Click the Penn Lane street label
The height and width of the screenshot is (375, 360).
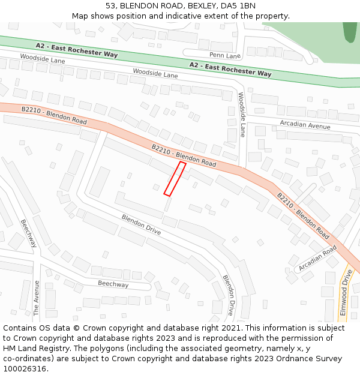[x=225, y=56]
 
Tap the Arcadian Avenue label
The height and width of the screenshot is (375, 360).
[x=305, y=125]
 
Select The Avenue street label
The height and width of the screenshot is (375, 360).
[x=37, y=298]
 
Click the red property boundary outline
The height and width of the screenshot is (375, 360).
[x=175, y=178]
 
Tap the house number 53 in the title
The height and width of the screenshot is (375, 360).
[x=111, y=5]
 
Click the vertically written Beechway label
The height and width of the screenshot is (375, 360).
[x=28, y=233]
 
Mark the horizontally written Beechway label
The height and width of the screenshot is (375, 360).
[x=113, y=284]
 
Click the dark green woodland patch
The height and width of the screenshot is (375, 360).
[x=349, y=32]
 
